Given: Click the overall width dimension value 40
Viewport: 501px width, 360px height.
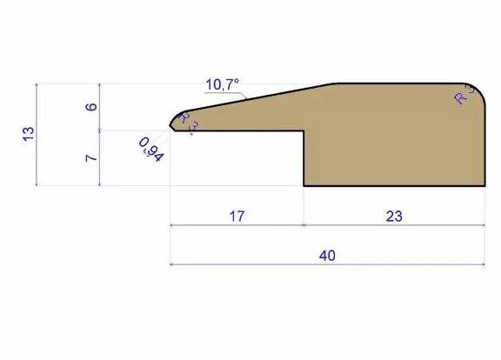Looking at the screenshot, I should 327,256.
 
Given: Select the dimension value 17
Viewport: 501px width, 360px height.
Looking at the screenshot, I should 237,216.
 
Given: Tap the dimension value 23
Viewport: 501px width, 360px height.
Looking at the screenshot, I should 394,216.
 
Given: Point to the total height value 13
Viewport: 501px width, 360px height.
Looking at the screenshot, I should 28,133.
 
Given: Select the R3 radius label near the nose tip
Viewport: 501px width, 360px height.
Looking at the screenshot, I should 187,122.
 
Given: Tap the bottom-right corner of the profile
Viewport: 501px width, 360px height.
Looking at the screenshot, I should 484,186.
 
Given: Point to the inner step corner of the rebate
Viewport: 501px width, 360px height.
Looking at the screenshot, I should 304,131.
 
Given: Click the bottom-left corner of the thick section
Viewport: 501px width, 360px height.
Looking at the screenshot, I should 304,186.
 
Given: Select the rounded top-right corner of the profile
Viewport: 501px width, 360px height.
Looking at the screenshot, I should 478,89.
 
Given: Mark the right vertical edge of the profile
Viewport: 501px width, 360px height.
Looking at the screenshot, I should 484,139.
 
